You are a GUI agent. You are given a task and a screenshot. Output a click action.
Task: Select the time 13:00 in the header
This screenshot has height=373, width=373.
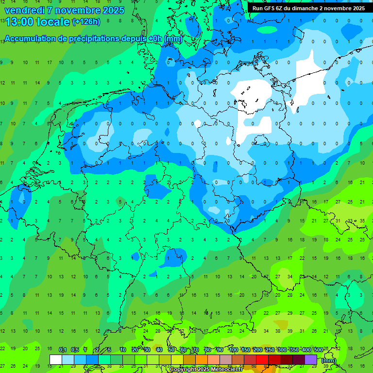click(x=19, y=22)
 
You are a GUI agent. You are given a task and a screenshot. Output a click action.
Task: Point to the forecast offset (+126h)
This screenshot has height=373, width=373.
click(x=86, y=22)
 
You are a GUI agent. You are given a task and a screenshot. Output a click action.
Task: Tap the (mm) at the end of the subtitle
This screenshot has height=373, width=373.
click(x=173, y=39)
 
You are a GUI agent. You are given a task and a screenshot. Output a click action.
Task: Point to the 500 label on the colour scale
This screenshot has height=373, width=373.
click(x=318, y=350)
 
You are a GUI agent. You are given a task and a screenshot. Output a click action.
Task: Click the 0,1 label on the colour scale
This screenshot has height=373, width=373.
click(x=63, y=350)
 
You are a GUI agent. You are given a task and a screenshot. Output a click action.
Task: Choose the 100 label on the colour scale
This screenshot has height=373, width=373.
click(x=233, y=350)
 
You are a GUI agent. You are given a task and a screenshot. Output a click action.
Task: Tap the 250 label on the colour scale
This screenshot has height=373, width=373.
click(x=270, y=350)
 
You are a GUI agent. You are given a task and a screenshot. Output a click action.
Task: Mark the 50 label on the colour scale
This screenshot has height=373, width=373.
click(x=171, y=350)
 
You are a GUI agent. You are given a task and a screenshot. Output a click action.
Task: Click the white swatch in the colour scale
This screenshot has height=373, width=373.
click(x=56, y=359)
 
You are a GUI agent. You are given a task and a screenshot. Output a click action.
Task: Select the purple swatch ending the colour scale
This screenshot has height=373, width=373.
click(x=311, y=359)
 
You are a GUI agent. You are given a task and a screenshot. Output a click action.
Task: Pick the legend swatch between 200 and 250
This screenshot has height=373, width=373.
click(x=262, y=359)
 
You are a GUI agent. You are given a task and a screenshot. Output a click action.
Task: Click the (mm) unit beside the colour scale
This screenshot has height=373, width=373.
click(x=329, y=360)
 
